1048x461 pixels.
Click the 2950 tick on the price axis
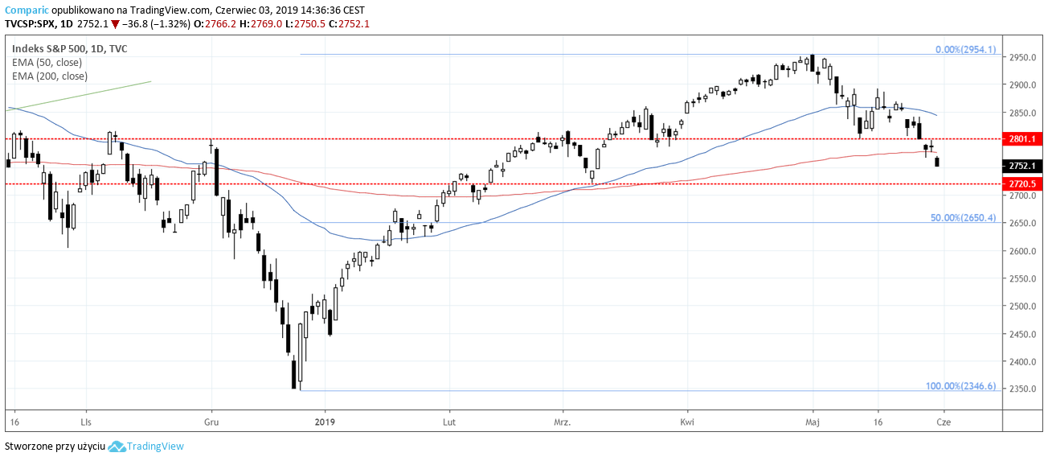click(1021, 58)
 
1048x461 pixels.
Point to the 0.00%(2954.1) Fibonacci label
click(965, 49)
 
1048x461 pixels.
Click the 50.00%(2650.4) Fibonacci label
click(963, 218)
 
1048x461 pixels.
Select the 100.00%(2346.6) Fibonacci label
click(960, 386)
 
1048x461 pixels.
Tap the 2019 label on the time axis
click(325, 422)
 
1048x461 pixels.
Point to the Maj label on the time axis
click(813, 422)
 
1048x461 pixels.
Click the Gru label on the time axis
click(211, 422)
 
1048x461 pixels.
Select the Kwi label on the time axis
click(687, 422)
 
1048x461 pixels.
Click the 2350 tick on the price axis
click(1021, 389)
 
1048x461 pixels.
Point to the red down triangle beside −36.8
click(115, 24)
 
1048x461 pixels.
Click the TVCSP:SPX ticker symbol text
click(31, 24)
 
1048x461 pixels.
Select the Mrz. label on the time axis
click(563, 422)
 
